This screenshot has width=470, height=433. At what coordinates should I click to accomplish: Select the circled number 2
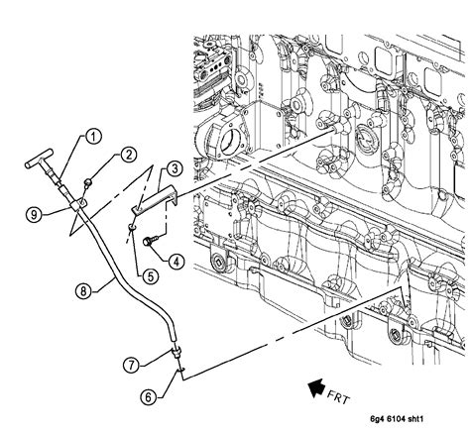point(130,154)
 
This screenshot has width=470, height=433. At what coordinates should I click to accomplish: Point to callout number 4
point(175,262)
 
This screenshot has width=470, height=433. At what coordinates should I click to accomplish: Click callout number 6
point(148,396)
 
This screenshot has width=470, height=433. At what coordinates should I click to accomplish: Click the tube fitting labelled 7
point(175,350)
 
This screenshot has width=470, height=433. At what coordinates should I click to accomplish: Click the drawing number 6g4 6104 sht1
point(416,421)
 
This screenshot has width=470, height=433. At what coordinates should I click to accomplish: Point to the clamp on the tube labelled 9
point(70,205)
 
